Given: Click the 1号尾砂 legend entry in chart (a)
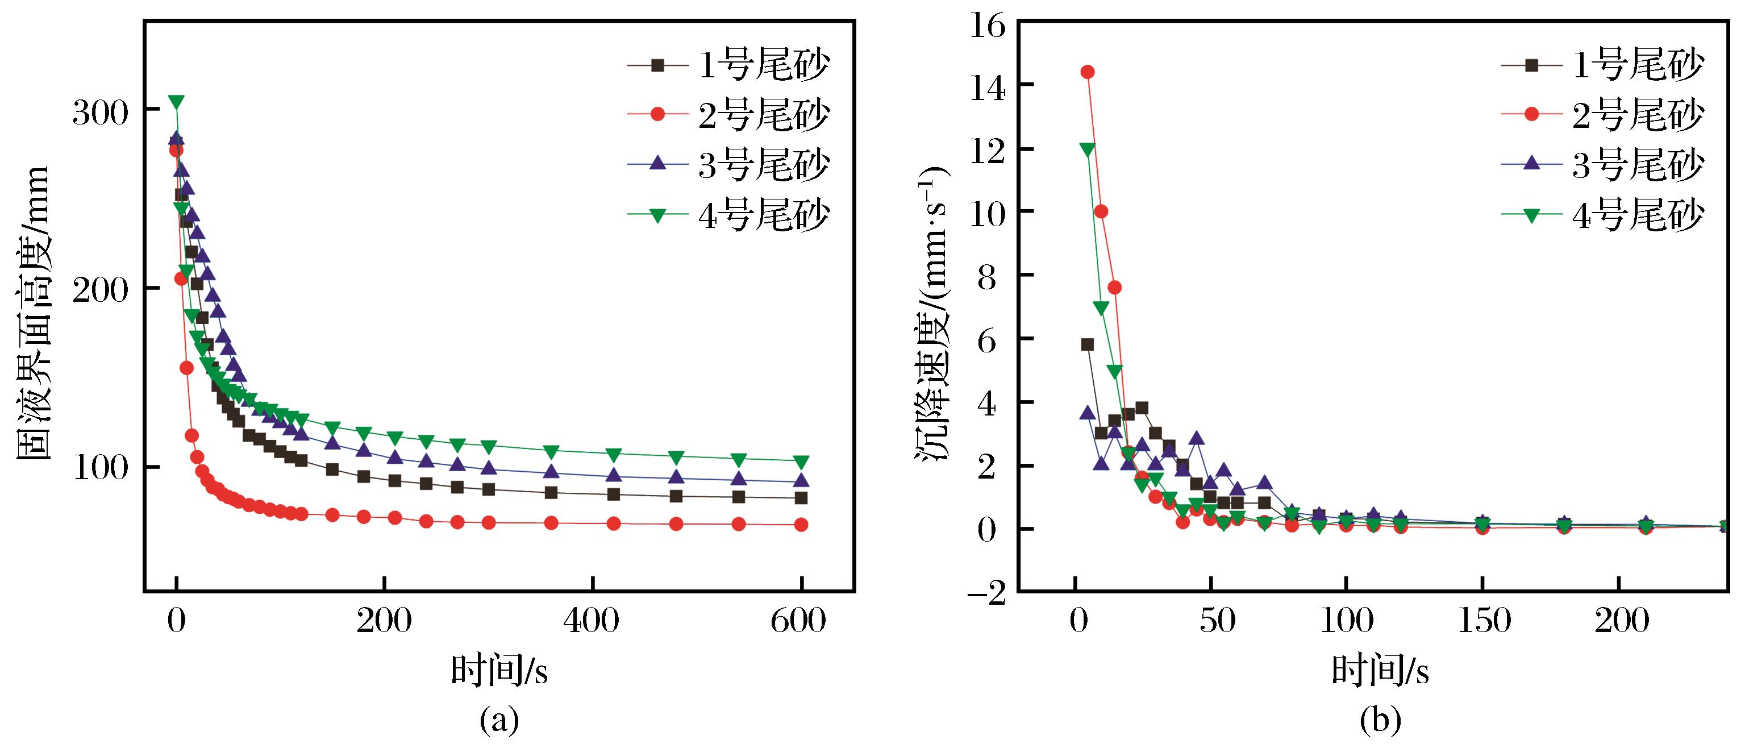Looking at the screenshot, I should [x=729, y=65].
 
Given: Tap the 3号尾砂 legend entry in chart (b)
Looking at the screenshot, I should [x=1601, y=165].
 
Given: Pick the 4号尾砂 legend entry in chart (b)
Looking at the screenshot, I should [x=1601, y=215].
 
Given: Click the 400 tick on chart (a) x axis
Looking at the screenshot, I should [x=592, y=621].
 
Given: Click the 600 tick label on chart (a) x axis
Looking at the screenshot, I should [x=798, y=621].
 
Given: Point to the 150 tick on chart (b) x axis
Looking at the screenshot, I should [x=1484, y=621].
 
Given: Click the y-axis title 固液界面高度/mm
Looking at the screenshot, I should [x=32, y=311].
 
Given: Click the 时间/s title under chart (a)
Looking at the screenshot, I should [x=499, y=671].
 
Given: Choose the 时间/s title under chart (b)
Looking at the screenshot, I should [x=1380, y=671].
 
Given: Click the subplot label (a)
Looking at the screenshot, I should [x=499, y=721].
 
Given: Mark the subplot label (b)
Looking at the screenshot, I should [x=1380, y=721].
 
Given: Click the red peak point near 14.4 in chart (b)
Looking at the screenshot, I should [x=1087, y=72].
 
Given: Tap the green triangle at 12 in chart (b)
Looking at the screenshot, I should [x=1087, y=149].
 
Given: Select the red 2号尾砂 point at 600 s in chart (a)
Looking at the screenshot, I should [x=801, y=525].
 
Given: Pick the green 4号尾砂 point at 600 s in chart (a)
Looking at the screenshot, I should [x=801, y=462].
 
